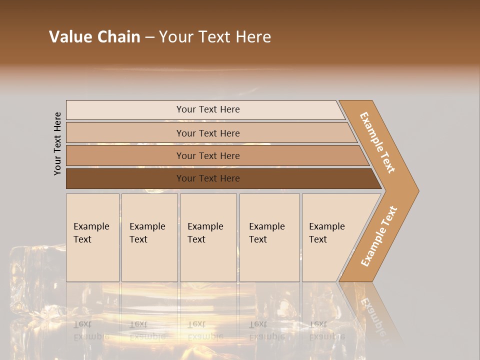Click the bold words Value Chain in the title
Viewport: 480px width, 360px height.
tap(94, 37)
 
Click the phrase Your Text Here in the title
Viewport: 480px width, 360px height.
tap(215, 37)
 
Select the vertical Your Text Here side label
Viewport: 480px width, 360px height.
tap(57, 143)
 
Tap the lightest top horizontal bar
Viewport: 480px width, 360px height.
tap(207, 109)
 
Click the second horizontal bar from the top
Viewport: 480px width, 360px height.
tap(207, 133)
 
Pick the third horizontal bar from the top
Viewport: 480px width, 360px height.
tap(207, 155)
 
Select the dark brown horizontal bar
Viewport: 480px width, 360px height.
tap(207, 178)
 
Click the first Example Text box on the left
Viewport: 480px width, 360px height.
tap(92, 237)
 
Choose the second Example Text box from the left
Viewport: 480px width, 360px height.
tap(149, 237)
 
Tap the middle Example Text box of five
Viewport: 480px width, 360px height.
tap(208, 237)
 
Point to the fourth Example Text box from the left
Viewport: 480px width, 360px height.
tap(269, 237)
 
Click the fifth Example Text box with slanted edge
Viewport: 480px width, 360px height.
tap(330, 237)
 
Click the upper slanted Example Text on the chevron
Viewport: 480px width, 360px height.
tap(377, 142)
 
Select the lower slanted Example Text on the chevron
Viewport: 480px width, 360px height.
tap(379, 236)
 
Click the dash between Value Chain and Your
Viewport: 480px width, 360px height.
tap(149, 37)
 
